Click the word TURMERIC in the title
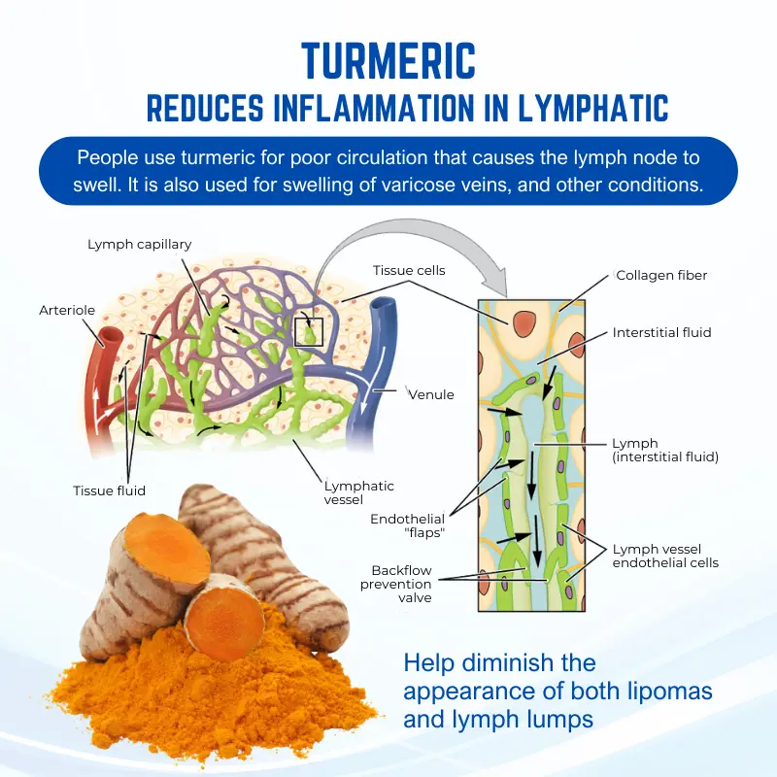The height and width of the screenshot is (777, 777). point(388,59)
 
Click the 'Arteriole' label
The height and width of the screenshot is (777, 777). point(67,311)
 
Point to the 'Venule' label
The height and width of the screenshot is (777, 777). point(431,394)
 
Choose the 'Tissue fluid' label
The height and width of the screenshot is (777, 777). point(109,490)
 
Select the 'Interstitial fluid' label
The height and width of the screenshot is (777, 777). point(661,332)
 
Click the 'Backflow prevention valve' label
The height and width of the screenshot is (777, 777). point(395,584)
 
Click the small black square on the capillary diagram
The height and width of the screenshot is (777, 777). point(309,330)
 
